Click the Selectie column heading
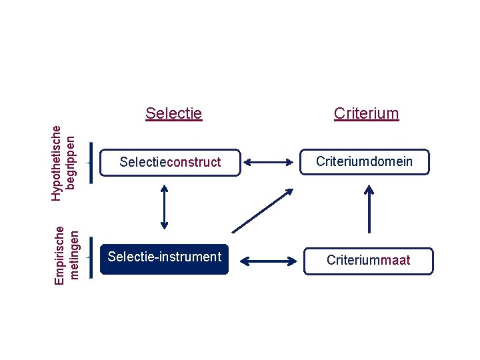173,113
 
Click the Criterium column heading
366,113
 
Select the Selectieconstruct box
170,162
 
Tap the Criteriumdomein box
364,161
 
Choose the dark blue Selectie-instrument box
164,257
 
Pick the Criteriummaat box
368,261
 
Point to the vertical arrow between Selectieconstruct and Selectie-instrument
164,207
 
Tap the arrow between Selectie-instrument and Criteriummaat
267,260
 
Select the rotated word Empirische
60,256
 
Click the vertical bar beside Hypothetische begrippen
91,162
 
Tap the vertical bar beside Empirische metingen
91,257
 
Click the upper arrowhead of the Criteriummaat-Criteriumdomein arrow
369,189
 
